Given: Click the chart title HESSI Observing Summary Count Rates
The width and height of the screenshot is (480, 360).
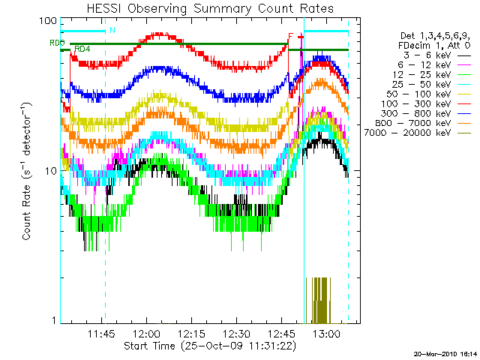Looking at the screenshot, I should click(x=205, y=8).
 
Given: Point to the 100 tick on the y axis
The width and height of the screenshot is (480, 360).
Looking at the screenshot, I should click(x=49, y=20).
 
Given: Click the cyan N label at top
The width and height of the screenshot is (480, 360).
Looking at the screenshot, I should click(x=112, y=31).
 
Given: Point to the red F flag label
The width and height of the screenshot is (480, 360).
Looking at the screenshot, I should click(x=290, y=36).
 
